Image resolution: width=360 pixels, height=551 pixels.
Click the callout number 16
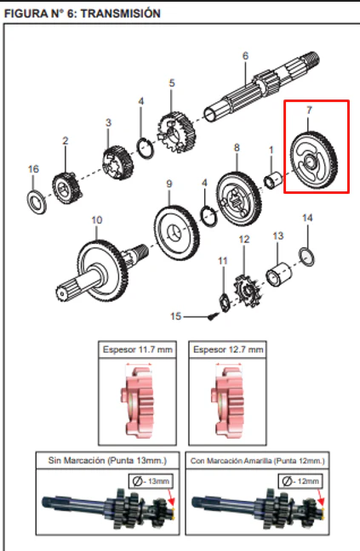point(33,169)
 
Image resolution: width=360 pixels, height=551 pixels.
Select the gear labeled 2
point(66,188)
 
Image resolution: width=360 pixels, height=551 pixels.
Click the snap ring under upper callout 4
point(145,148)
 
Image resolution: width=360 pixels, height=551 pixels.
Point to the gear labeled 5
point(176,133)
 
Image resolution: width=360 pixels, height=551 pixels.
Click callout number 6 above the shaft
point(245,56)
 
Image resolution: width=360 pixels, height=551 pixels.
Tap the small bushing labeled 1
point(273,179)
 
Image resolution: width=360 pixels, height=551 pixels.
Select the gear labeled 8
point(239,199)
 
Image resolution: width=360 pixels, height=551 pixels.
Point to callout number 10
point(97,220)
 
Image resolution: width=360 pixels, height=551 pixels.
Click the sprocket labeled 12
point(248,291)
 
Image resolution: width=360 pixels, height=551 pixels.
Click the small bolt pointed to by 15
point(212,316)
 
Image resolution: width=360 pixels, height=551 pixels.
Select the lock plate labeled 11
point(225,303)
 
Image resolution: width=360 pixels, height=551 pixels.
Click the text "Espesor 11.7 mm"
point(138,349)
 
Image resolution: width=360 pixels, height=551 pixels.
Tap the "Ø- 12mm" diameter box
point(300,481)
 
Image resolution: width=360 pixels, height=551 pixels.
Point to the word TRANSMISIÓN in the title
point(121,14)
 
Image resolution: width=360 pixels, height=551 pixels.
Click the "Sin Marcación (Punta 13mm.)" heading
point(107,460)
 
